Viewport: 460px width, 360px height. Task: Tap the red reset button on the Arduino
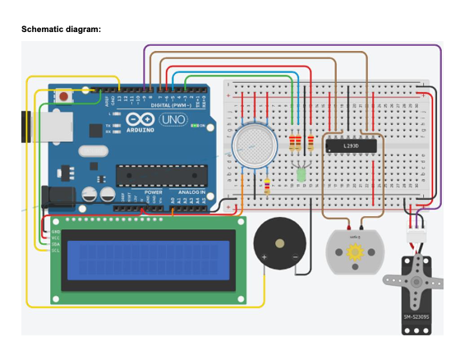pyautogui.click(x=63, y=97)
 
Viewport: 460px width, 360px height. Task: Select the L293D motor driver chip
pyautogui.click(x=352, y=146)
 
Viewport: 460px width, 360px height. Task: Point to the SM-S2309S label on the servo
pyautogui.click(x=417, y=317)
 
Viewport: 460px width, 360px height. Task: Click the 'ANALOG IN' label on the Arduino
pyautogui.click(x=191, y=192)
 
